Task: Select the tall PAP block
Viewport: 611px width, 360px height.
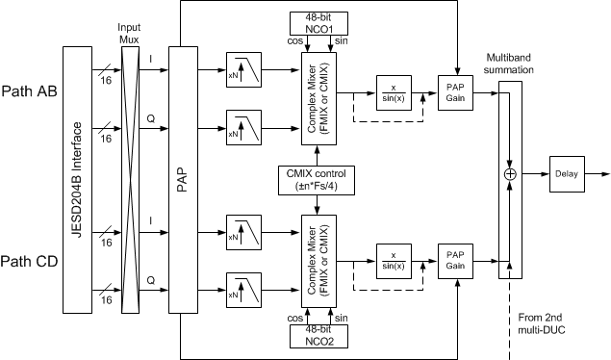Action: point(188,178)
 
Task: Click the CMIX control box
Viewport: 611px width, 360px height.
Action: point(318,180)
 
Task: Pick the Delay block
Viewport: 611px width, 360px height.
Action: point(566,174)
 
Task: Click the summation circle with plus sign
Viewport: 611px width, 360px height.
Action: point(510,174)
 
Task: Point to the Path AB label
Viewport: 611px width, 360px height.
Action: point(31,95)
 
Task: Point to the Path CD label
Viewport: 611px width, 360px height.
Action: point(31,262)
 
